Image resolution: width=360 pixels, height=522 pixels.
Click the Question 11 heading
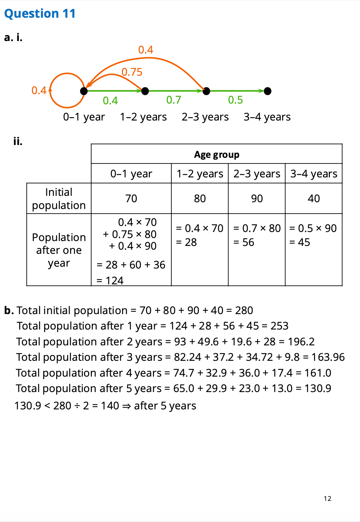point(40,14)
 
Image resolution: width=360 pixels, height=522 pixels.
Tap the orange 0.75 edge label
point(132,72)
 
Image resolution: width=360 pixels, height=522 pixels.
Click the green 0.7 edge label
point(174,100)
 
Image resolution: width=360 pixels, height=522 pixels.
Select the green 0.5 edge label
point(235,100)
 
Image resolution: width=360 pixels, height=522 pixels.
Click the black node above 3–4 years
point(268,91)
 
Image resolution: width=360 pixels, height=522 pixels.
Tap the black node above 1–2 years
point(145,91)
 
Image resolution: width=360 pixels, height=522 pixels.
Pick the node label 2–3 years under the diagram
point(205,117)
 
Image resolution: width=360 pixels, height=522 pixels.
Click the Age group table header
point(217,154)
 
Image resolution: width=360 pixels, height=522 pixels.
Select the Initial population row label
point(59,198)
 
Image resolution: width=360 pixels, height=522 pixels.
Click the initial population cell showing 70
point(131,198)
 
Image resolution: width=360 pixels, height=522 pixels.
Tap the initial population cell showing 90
point(257,198)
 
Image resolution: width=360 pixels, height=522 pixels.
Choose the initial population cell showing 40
point(314,198)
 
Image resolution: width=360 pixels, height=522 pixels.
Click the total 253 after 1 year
point(279,326)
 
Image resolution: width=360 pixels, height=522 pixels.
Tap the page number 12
point(327,499)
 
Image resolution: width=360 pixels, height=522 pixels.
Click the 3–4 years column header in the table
point(314,174)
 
